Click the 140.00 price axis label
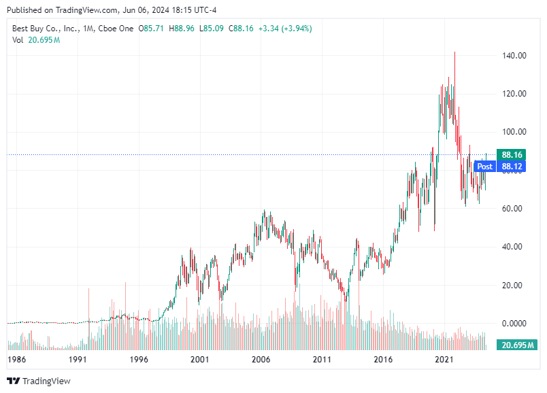[515, 56]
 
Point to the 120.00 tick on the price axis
[515, 94]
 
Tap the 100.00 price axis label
[515, 132]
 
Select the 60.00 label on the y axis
[515, 209]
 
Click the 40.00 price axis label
[515, 247]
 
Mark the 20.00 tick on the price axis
[515, 286]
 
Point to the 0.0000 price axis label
[515, 324]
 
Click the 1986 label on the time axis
[16, 359]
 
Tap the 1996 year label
[139, 359]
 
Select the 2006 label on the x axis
[261, 359]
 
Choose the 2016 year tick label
[384, 359]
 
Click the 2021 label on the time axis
[445, 359]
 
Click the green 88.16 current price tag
[511, 154]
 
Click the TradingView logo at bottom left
[39, 381]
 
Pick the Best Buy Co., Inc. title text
[44, 29]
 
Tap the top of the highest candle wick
[454, 52]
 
